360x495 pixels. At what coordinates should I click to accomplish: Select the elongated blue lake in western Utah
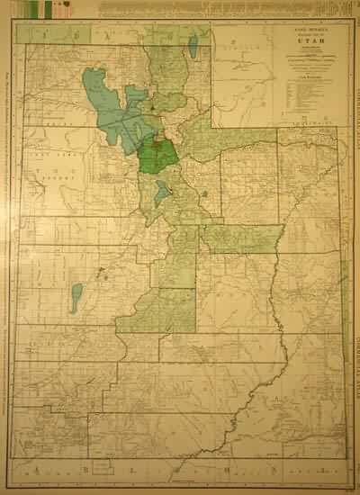76,297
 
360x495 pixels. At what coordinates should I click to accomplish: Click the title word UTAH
309,41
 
